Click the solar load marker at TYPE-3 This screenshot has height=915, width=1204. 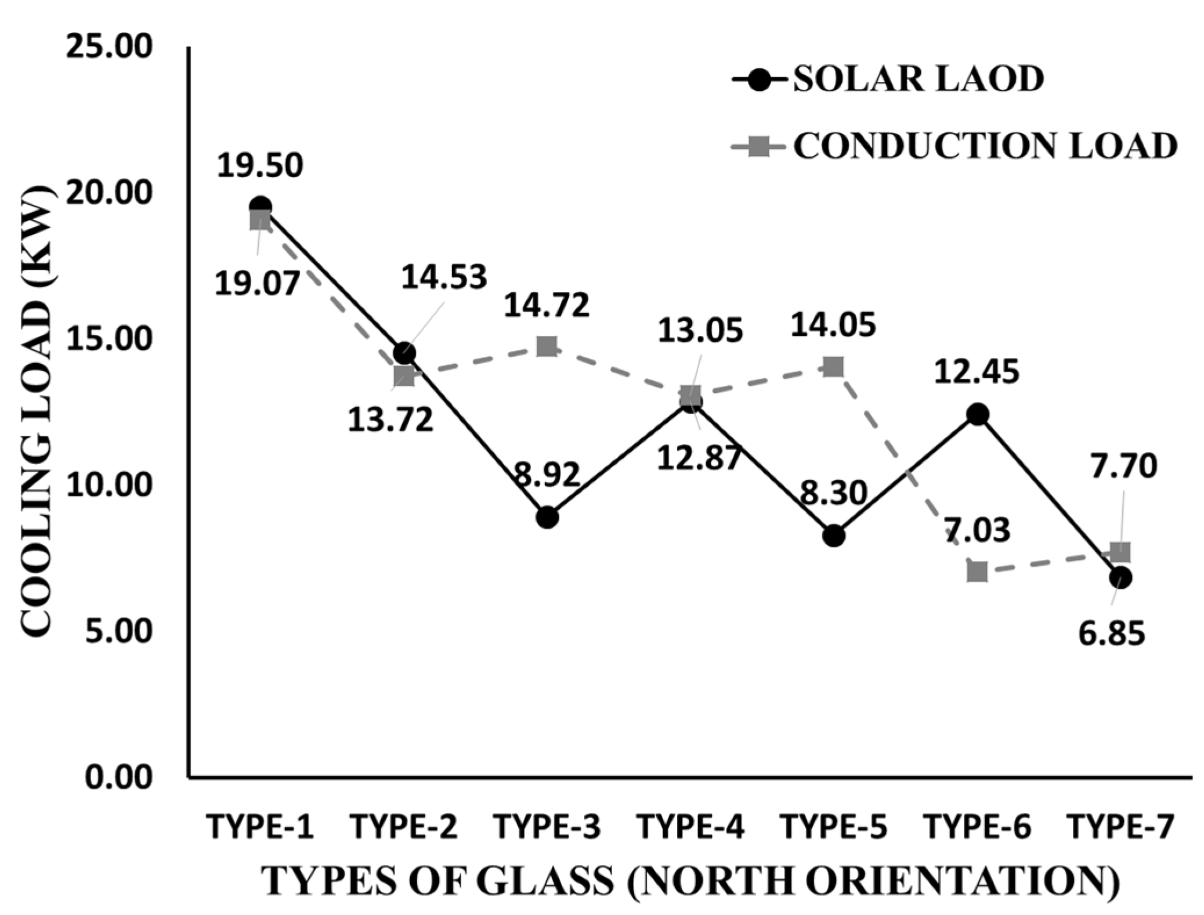tap(547, 516)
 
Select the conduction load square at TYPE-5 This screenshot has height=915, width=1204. tap(833, 367)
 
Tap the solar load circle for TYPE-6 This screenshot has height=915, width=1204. tap(977, 414)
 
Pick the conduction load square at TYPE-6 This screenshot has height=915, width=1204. tap(977, 572)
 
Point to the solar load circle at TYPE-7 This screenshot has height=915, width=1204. tap(1120, 578)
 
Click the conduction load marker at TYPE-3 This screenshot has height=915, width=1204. tap(547, 347)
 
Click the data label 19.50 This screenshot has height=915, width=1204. tap(260, 166)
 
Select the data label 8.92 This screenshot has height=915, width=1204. tap(547, 475)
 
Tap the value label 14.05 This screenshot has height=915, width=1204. tap(833, 326)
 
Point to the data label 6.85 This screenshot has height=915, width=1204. tap(1112, 633)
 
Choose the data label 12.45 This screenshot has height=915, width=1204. tap(977, 372)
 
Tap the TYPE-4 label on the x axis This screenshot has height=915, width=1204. tap(690, 827)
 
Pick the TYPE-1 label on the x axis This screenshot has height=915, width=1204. tap(260, 827)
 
